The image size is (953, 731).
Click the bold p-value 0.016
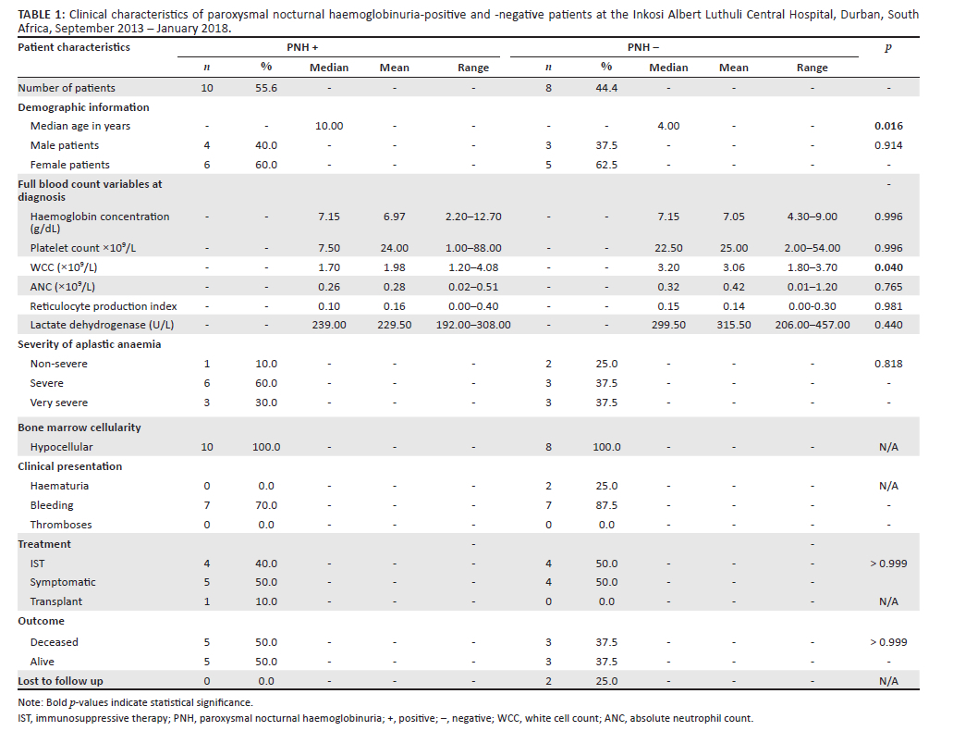point(887,126)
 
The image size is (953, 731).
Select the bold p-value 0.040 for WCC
point(887,267)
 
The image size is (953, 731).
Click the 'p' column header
point(888,47)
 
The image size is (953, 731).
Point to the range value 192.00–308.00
point(473,325)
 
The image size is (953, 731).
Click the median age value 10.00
point(330,126)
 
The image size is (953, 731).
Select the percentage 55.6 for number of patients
point(267,88)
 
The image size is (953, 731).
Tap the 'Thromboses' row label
point(61,525)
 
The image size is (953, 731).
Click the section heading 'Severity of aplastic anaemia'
point(90,344)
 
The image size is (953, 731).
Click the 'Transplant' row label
point(55,601)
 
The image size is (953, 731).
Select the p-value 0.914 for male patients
point(887,145)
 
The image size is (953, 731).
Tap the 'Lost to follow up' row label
point(61,681)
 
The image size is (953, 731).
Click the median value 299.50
point(667,325)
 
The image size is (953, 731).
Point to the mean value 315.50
point(734,325)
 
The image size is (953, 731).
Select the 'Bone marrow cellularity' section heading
point(79,427)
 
